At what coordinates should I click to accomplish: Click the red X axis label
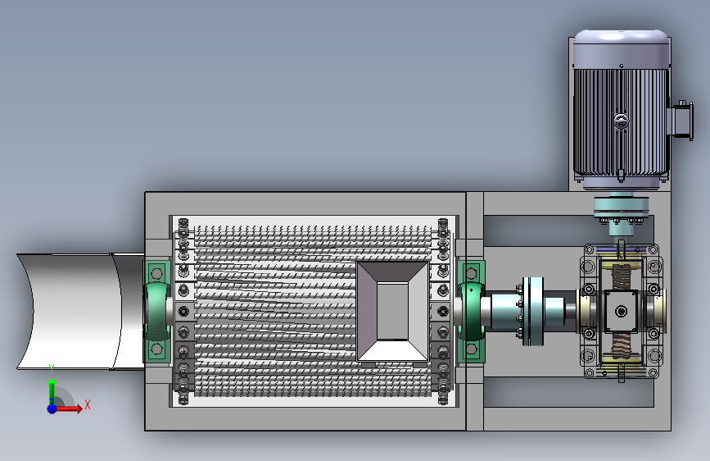point(88,404)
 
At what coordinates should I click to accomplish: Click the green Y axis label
point(52,368)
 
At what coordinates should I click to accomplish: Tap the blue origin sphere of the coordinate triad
point(52,409)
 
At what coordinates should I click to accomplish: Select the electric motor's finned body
point(621,122)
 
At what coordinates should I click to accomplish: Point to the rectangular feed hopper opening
point(392,311)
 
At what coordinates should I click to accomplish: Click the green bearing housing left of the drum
point(156,311)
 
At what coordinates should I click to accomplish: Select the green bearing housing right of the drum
point(471,311)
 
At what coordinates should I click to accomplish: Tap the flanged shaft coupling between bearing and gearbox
point(532,311)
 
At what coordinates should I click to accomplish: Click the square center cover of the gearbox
point(621,311)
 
